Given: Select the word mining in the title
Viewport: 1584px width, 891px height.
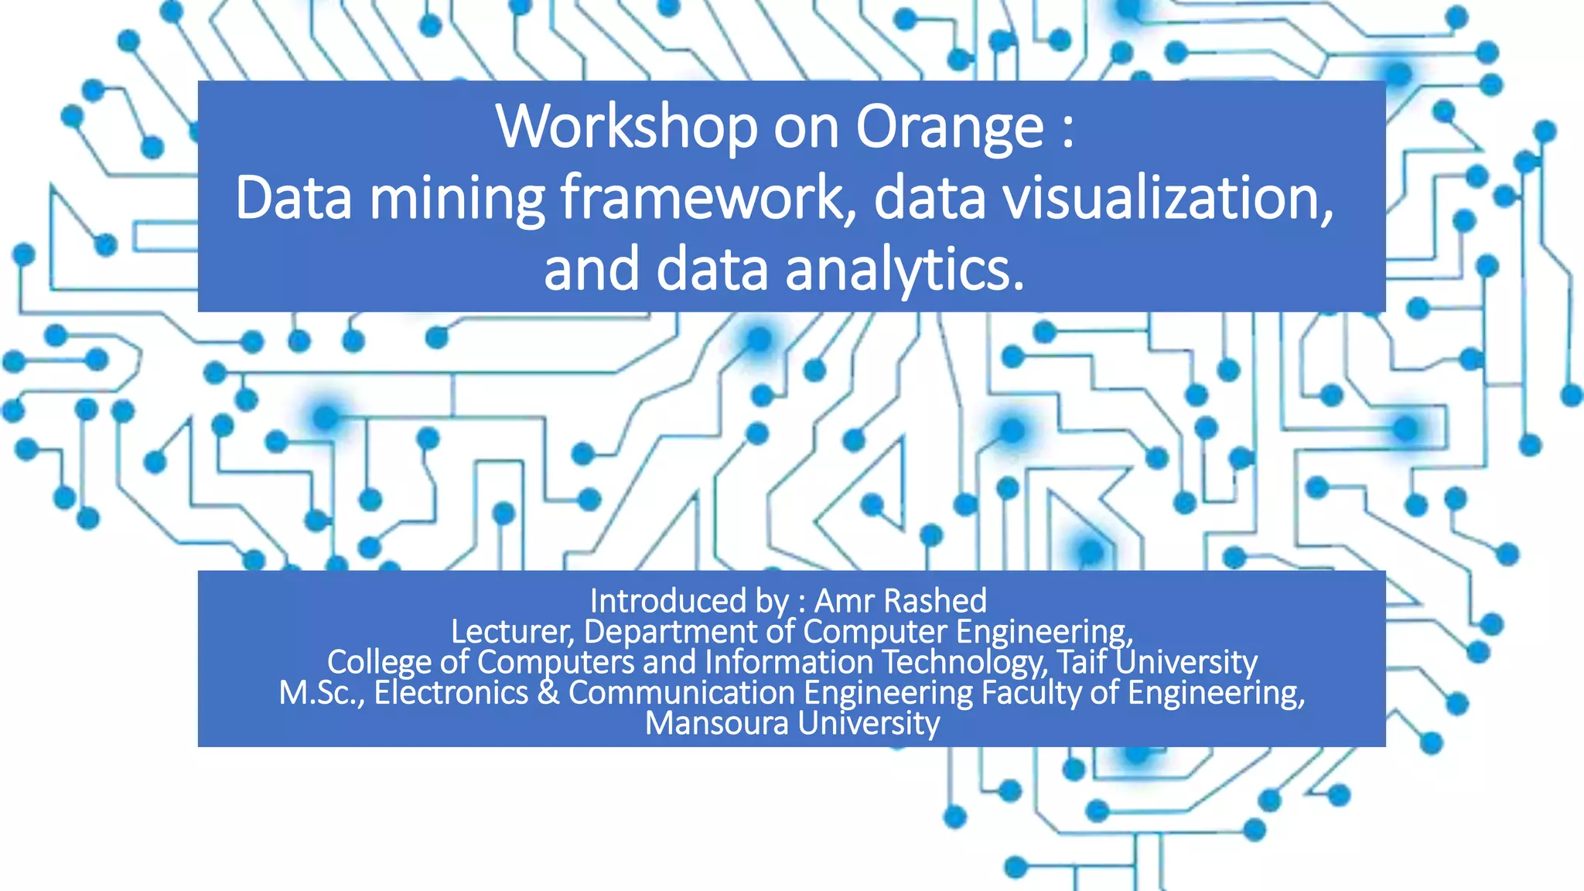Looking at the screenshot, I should [457, 199].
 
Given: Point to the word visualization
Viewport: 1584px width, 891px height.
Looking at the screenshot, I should [1169, 197].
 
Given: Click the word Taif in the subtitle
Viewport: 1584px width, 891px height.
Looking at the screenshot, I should [1081, 662].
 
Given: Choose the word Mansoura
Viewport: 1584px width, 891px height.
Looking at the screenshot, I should [717, 723].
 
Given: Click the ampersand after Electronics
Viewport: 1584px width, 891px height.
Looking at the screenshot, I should [548, 692].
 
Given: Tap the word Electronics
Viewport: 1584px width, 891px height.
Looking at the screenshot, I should [451, 692].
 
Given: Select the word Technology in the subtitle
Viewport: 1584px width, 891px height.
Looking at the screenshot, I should [964, 662].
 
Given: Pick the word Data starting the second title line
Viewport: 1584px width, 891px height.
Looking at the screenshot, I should [293, 197].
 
